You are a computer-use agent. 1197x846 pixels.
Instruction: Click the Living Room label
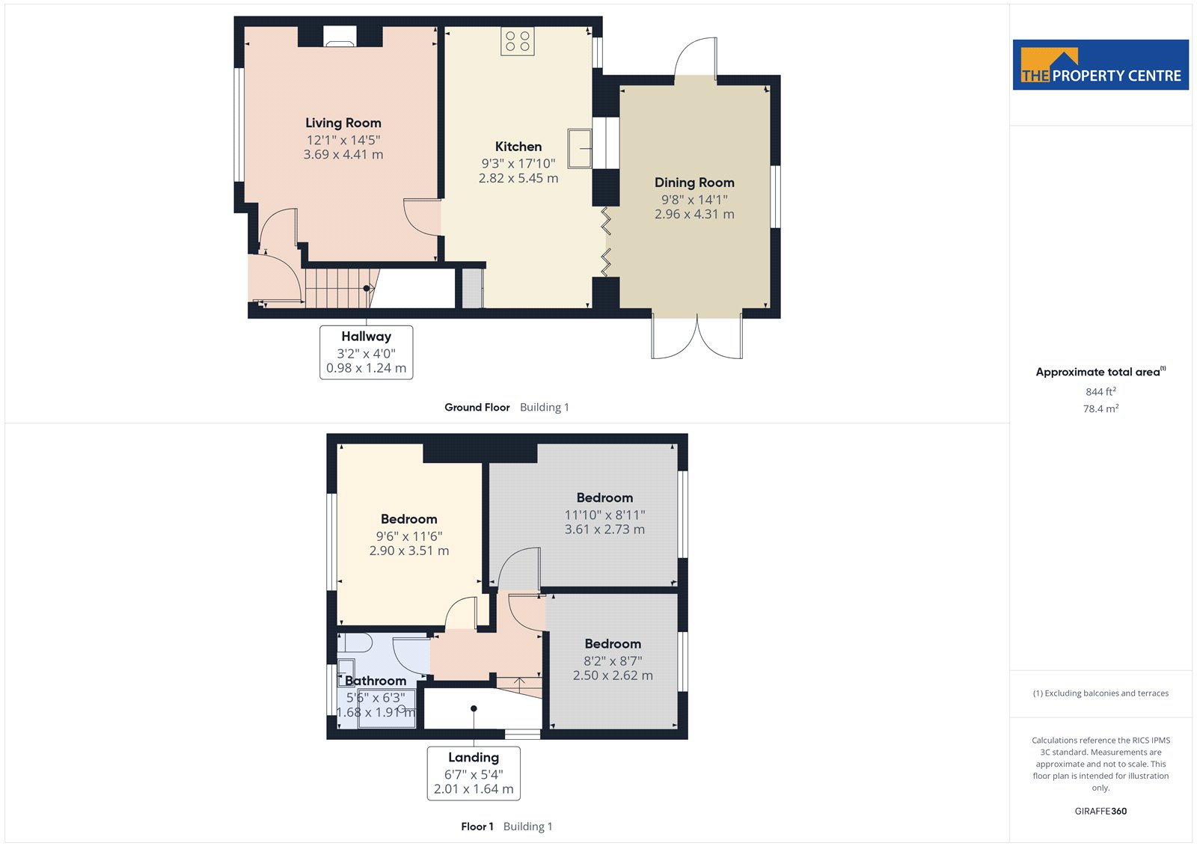tap(343, 123)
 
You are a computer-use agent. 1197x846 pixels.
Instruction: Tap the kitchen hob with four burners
tap(517, 41)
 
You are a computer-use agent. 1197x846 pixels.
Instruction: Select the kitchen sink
tap(579, 149)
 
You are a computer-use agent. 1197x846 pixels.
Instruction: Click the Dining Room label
tap(694, 183)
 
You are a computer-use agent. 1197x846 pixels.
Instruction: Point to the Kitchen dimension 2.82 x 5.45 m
tap(518, 178)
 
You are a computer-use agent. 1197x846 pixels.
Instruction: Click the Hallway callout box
tap(366, 352)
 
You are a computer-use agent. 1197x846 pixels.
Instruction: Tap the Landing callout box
tap(474, 773)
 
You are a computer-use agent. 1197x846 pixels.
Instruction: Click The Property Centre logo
tap(1100, 64)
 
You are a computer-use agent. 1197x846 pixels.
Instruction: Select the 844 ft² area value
tap(1100, 392)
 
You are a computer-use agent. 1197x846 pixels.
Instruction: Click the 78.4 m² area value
tap(1100, 409)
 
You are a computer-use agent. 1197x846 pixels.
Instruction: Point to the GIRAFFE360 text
tap(1100, 811)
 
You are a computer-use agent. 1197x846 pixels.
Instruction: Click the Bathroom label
tap(375, 681)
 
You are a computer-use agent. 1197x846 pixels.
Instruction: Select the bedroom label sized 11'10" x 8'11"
tap(604, 498)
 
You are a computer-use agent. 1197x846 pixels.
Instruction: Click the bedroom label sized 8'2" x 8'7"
tap(613, 644)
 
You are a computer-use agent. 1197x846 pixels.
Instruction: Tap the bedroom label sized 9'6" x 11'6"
tap(408, 519)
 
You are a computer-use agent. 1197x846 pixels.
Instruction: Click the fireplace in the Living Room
tap(340, 37)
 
